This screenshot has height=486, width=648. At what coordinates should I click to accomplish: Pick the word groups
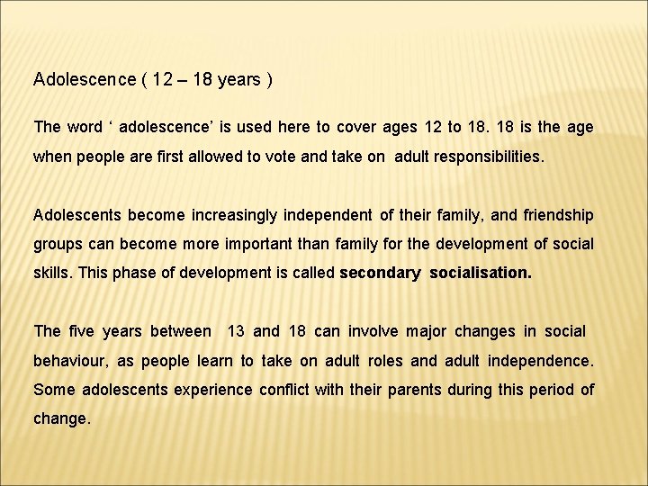tap(56, 244)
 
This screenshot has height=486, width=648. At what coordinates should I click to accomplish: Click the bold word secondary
tap(380, 273)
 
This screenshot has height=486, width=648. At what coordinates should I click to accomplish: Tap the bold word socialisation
tap(481, 273)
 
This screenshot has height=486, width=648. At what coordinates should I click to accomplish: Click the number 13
tap(237, 331)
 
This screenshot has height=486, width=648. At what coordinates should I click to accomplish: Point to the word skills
tap(52, 273)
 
